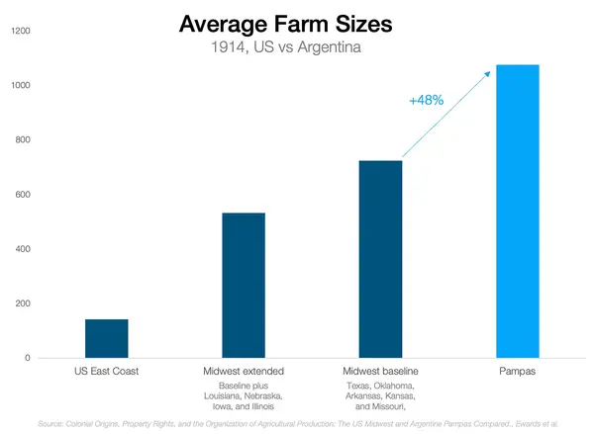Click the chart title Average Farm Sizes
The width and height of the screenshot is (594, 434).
click(x=297, y=24)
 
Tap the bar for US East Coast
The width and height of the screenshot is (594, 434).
click(x=107, y=338)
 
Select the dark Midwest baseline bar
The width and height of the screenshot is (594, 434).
click(x=380, y=259)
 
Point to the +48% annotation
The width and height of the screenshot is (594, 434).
click(x=425, y=100)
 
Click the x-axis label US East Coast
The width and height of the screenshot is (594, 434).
click(x=107, y=371)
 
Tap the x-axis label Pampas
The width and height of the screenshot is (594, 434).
click(x=517, y=371)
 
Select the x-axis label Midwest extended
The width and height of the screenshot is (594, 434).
click(x=244, y=371)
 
